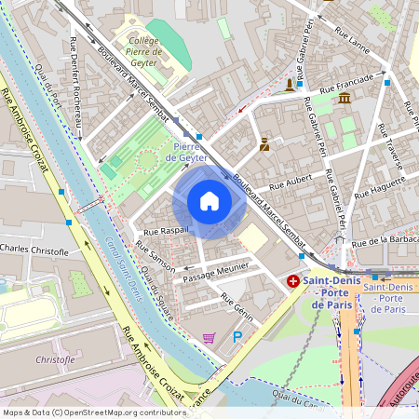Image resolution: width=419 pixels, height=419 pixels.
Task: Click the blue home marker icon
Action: (x=209, y=201)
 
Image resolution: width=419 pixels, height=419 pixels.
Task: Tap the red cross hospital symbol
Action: (x=293, y=280)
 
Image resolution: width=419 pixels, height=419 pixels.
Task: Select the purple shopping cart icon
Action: (x=209, y=337)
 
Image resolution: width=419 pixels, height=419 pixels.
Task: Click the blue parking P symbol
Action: (x=237, y=336)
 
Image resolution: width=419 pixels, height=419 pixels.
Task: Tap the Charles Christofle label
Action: (x=35, y=250)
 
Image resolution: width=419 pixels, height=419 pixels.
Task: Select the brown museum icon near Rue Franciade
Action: (x=345, y=99)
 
